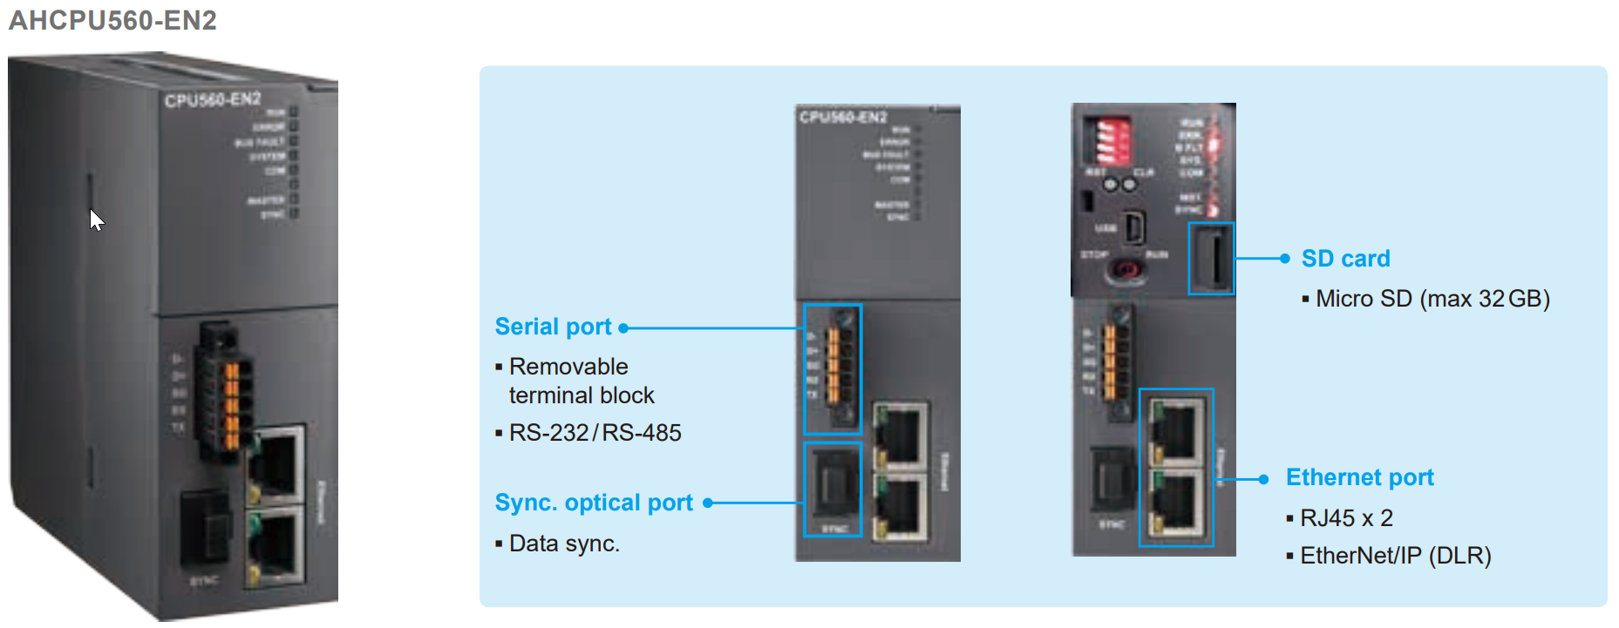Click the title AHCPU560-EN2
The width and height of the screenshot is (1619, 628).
pos(112,19)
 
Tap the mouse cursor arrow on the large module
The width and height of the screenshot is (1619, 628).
pos(96,219)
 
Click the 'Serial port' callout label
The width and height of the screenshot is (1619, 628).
pos(553,327)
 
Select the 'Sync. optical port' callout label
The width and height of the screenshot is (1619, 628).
pos(593,503)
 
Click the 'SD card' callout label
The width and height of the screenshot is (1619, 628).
pos(1344,259)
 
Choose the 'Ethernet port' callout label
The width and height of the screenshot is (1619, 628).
pos(1359,477)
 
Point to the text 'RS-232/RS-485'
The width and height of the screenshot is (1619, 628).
pos(595,433)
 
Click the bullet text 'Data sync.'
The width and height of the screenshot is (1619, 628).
pos(564,544)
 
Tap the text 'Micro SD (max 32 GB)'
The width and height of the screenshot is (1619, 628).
pos(1432,299)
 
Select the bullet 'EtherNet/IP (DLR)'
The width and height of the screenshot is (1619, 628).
pos(1395,556)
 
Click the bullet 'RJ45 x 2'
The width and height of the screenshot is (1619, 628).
pos(1346,518)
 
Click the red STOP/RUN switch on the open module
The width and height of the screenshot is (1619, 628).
pos(1126,271)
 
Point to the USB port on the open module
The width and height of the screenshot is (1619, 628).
pos(1133,228)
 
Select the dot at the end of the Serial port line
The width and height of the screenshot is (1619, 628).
pos(623,328)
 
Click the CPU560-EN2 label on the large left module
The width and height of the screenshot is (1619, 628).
pos(213,99)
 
